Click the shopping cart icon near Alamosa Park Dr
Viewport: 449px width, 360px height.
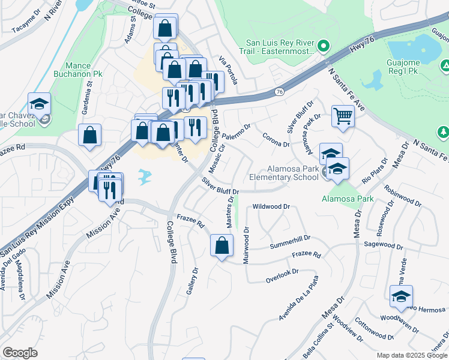click(343, 116)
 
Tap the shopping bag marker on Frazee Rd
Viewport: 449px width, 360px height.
click(221, 245)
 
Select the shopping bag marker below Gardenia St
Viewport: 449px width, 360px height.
click(89, 136)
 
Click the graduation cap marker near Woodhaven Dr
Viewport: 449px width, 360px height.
click(401, 296)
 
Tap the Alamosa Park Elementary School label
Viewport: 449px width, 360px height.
click(284, 173)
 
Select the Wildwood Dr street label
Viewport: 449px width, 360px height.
click(271, 206)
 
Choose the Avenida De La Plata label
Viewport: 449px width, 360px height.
click(298, 298)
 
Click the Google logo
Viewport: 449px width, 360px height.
click(20, 353)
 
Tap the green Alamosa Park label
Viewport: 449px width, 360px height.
click(348, 199)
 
